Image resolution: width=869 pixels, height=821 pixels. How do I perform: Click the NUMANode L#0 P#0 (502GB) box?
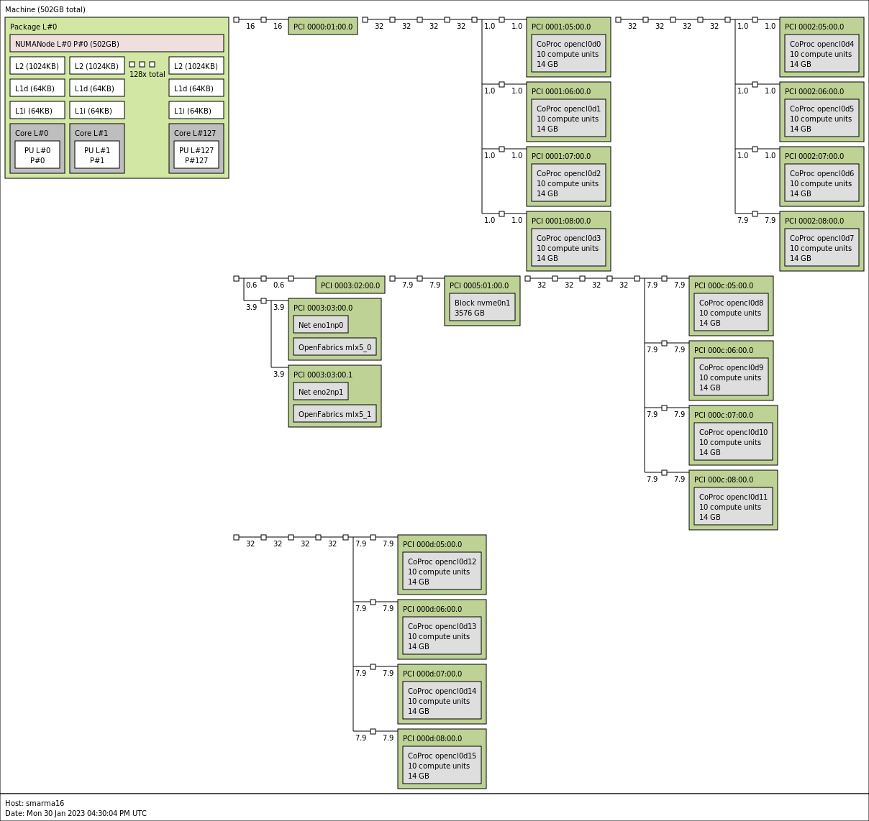[x=117, y=44]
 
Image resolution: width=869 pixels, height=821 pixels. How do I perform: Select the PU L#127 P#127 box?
[x=196, y=155]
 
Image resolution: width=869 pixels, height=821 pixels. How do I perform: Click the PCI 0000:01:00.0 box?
[x=323, y=27]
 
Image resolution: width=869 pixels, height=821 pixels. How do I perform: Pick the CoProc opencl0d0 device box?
[x=568, y=54]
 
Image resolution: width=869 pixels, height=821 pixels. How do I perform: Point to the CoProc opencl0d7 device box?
[x=822, y=248]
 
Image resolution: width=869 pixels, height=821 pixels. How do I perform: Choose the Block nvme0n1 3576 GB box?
[x=482, y=308]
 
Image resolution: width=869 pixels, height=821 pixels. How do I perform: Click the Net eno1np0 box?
[x=321, y=325]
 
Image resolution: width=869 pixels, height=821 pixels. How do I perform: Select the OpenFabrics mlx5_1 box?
[x=335, y=414]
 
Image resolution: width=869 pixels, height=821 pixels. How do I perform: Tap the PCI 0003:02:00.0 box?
[x=350, y=285]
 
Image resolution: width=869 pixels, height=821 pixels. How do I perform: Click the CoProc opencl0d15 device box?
[x=442, y=766]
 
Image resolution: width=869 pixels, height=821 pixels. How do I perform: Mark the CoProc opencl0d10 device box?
[x=733, y=442]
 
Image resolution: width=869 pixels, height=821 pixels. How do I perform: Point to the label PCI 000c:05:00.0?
[x=724, y=285]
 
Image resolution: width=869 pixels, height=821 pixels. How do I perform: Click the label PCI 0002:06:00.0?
[x=814, y=91]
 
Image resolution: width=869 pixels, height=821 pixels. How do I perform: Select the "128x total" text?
[x=147, y=74]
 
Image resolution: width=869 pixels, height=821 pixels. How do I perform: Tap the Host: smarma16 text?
[x=35, y=803]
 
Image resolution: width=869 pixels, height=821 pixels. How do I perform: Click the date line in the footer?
[x=76, y=813]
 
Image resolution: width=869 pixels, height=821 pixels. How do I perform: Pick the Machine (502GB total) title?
[x=45, y=9]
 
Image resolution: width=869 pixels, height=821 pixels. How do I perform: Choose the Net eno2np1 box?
[x=321, y=392]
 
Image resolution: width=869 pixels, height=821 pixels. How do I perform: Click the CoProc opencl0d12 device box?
[x=442, y=572]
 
